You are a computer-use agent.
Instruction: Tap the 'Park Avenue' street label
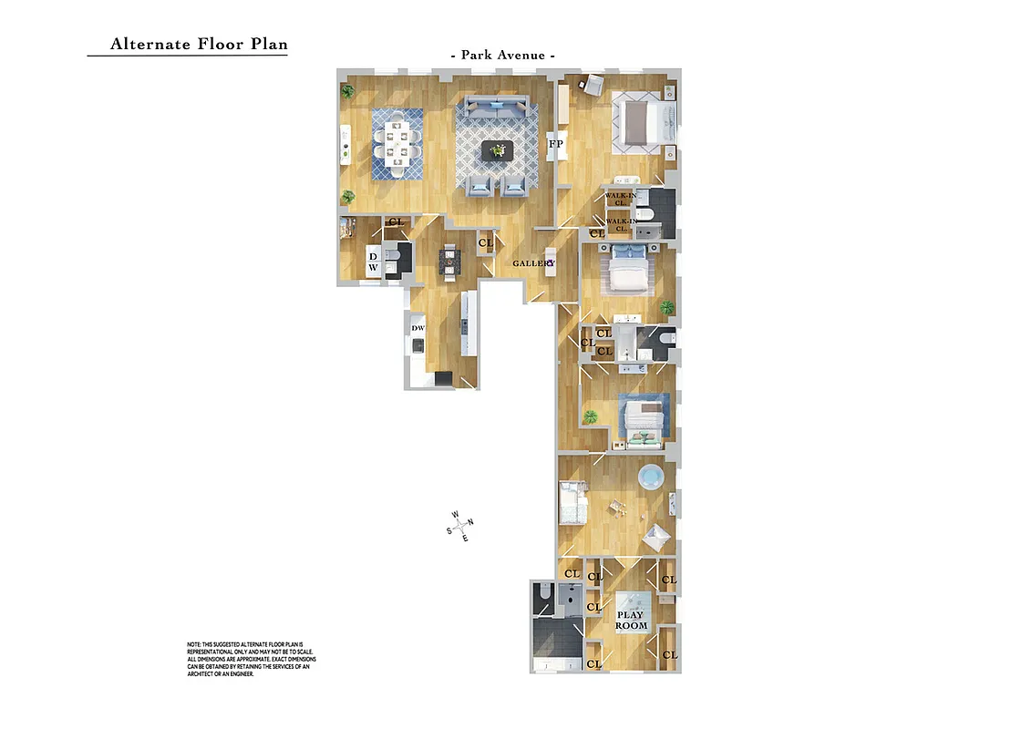503,56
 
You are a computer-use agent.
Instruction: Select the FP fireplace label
555,144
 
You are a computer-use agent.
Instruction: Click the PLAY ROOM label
631,620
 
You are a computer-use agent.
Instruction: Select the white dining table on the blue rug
397,142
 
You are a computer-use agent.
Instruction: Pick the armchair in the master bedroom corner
593,85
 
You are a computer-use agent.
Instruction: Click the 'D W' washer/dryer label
373,262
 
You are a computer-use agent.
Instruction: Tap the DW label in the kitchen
418,328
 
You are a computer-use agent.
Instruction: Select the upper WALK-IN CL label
620,199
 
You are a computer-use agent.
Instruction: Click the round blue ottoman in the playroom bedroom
651,477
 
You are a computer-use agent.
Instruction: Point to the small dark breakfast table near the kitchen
451,261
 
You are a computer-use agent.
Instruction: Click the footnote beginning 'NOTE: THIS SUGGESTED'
251,659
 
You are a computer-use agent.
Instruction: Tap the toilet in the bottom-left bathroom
543,593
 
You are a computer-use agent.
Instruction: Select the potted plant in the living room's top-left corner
347,90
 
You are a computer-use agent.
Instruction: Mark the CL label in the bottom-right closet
669,655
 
